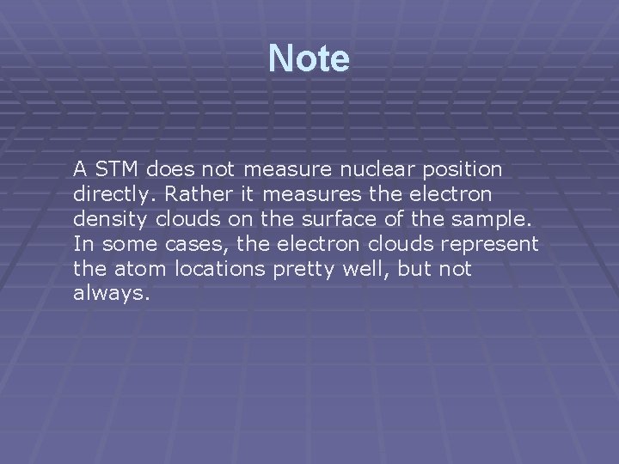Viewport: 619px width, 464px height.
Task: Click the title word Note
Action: coord(309,59)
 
